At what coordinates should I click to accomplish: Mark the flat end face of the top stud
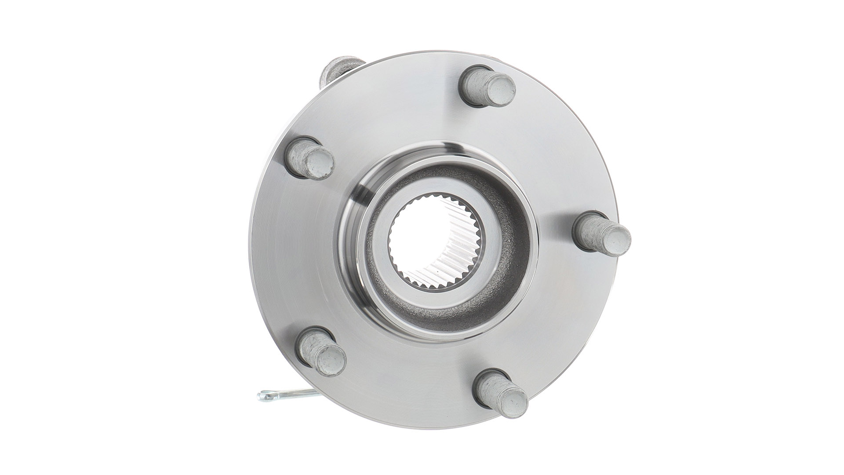pos(501,91)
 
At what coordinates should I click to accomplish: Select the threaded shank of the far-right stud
pos(591,227)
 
